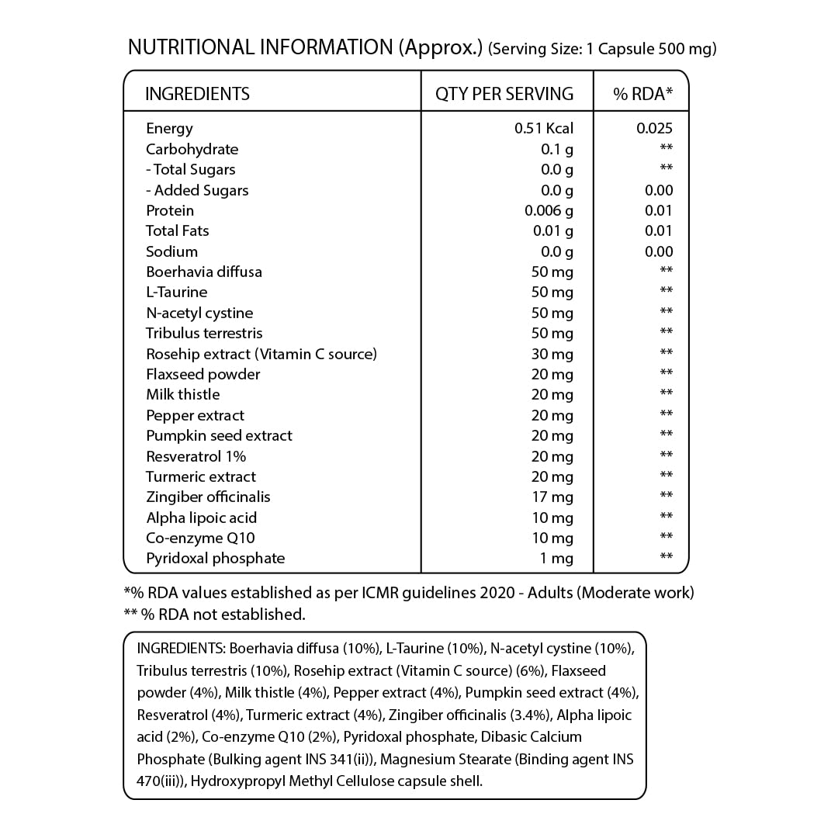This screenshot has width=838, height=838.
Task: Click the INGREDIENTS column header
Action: click(x=197, y=95)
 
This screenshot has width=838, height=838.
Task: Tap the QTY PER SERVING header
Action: click(x=504, y=95)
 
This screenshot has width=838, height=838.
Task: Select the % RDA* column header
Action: click(x=642, y=95)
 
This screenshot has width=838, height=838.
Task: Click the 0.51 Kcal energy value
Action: click(x=544, y=129)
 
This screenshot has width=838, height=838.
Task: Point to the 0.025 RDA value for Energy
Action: click(x=654, y=129)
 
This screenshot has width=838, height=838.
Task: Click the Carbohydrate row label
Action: click(x=192, y=149)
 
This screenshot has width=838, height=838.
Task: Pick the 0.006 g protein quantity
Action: click(x=549, y=210)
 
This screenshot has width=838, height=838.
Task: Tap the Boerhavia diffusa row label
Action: click(x=204, y=272)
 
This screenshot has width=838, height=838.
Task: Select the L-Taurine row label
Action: click(x=176, y=292)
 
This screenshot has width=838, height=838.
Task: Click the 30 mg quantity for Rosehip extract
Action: click(x=552, y=354)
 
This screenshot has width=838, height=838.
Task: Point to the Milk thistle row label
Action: click(x=182, y=394)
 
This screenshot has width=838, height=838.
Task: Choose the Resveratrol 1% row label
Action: click(x=196, y=456)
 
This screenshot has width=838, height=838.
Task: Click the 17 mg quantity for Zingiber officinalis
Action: click(x=552, y=497)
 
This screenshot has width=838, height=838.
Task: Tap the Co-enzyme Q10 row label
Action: click(x=200, y=538)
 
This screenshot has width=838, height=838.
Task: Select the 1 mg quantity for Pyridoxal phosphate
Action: click(x=557, y=559)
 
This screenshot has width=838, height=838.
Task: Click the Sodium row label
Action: click(x=171, y=251)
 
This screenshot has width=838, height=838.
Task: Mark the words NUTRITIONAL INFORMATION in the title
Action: click(x=261, y=47)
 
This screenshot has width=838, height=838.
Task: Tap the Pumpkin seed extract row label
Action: click(x=219, y=435)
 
